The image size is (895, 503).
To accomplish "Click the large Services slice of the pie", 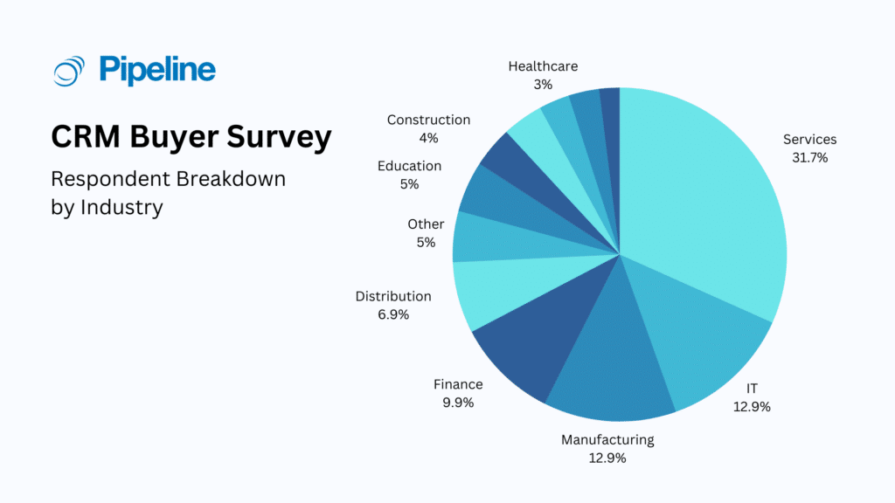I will tap(699, 201).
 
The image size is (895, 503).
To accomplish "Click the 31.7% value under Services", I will tap(809, 158).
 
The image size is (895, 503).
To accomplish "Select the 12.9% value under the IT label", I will tap(752, 406).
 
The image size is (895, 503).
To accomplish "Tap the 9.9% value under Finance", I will tap(458, 403).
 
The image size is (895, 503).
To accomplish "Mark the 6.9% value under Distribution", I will tap(393, 314).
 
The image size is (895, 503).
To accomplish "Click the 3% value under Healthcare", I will tap(543, 85).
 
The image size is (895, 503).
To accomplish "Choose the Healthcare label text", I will tap(543, 66).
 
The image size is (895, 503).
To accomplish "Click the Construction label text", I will tap(428, 120).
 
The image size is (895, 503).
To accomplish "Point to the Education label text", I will tap(409, 166).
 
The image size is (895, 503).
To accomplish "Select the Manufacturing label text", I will tap(607, 439).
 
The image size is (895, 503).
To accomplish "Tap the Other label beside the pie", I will tap(426, 224).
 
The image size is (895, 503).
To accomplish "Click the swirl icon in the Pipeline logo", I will tap(69, 70).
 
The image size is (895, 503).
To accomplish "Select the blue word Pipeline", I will tap(157, 70).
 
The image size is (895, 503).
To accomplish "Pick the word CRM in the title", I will tap(87, 138).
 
